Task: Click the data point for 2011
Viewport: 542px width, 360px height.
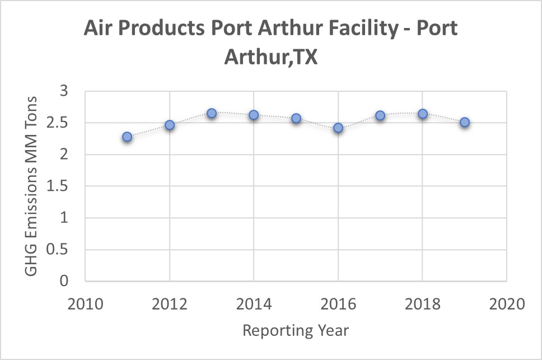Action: click(127, 137)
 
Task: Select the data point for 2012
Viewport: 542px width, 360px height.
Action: click(170, 125)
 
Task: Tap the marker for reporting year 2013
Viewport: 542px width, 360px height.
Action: click(212, 113)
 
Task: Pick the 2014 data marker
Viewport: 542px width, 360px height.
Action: click(254, 115)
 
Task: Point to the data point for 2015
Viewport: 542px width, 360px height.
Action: click(296, 118)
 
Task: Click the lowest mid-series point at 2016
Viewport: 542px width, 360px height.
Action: click(338, 128)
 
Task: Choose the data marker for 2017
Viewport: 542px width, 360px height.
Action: click(380, 115)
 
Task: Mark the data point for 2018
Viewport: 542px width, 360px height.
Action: click(423, 114)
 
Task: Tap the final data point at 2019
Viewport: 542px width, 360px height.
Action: click(465, 122)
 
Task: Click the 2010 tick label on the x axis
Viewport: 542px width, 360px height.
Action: click(85, 305)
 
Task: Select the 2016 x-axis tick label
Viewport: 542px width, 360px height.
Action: click(338, 305)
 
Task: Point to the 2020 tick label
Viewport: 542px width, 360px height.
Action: click(507, 305)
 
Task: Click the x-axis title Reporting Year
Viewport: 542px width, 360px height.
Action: click(296, 330)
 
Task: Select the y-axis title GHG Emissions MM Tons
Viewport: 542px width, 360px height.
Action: click(31, 186)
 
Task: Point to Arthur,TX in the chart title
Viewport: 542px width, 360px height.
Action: click(271, 57)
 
